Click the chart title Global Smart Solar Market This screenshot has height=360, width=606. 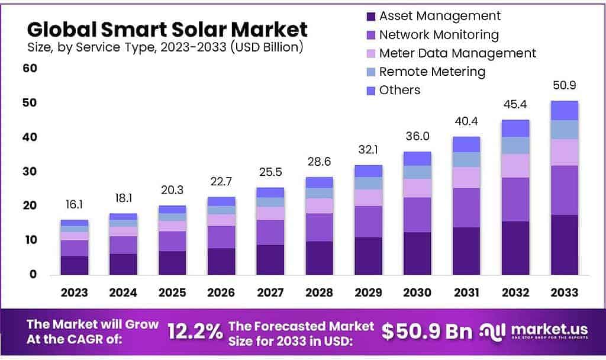167,29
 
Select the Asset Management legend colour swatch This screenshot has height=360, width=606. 371,17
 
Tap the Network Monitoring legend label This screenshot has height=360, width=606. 439,34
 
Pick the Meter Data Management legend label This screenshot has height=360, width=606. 457,53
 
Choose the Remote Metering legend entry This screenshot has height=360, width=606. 432,72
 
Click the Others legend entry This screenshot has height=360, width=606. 399,90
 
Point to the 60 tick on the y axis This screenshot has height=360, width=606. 30,68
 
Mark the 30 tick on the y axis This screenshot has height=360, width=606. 30,172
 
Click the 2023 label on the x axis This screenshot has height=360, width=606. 74,292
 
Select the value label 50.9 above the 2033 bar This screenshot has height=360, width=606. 564,86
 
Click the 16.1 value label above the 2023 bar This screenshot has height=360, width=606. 74,204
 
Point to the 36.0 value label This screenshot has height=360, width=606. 417,136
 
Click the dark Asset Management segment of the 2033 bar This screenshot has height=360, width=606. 564,245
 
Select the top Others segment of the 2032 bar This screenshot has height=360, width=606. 515,128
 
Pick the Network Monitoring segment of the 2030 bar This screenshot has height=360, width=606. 417,214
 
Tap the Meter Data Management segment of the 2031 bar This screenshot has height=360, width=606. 466,177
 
